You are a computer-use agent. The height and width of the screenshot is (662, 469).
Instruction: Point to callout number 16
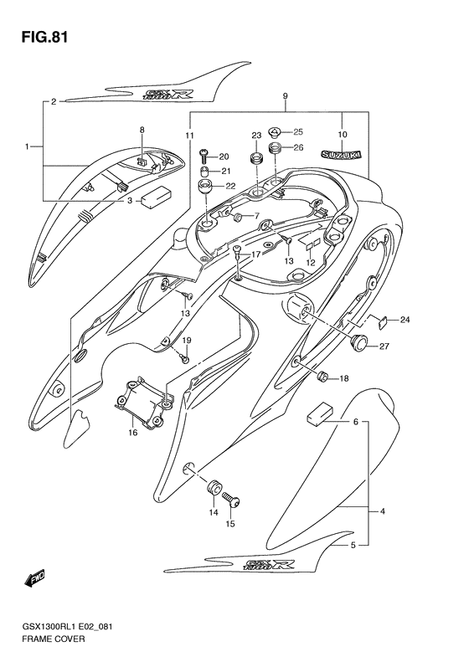click(x=132, y=433)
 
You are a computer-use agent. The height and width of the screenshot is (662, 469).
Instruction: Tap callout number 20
click(x=224, y=157)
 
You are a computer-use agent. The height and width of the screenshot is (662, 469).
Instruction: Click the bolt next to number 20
click(x=204, y=155)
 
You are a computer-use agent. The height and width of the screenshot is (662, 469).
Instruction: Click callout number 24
click(x=405, y=320)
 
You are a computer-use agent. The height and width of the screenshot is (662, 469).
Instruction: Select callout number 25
click(x=298, y=131)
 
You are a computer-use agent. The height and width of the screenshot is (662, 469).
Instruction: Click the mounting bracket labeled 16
click(x=144, y=405)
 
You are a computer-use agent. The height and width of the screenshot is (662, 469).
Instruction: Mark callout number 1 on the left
click(x=27, y=147)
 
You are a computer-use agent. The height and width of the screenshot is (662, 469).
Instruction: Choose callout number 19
click(x=188, y=341)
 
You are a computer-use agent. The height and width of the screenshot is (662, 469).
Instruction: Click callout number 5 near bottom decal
click(x=353, y=545)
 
